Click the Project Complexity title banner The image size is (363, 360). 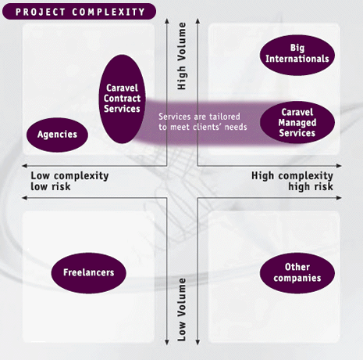(x=79, y=12)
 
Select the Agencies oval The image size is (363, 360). (x=57, y=135)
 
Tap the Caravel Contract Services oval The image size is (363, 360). (x=122, y=99)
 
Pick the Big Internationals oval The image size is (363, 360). (x=297, y=56)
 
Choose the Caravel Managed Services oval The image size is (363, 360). (x=297, y=122)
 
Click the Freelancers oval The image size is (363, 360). (x=89, y=273)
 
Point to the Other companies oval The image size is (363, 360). (x=297, y=273)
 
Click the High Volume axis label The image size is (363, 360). (x=182, y=56)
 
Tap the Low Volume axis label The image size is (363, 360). (x=182, y=310)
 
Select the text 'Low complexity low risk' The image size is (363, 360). (x=69, y=181)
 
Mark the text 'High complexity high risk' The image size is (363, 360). (x=292, y=181)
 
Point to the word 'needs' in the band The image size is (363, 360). (x=236, y=127)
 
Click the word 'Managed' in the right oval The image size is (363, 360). (x=297, y=123)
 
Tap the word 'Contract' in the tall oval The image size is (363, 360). (x=122, y=99)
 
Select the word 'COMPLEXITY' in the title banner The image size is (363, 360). (x=109, y=12)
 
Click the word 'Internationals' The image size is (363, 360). (x=297, y=59)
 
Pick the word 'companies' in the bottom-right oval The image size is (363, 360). (x=297, y=278)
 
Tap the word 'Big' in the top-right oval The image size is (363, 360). (x=297, y=48)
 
